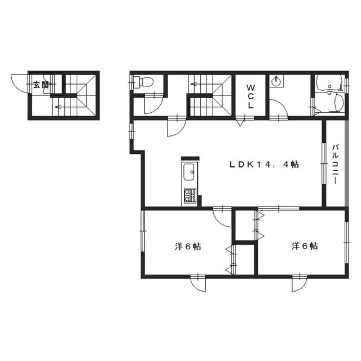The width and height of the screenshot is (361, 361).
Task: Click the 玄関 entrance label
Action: point(41,85)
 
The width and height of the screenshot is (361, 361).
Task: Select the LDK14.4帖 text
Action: point(263,165)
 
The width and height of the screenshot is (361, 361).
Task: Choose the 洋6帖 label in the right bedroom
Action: point(305,246)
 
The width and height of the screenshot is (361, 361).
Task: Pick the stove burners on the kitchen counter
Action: point(189,197)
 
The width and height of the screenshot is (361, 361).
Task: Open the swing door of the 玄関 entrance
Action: point(20,85)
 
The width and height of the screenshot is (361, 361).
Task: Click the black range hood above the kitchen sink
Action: point(190,159)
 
